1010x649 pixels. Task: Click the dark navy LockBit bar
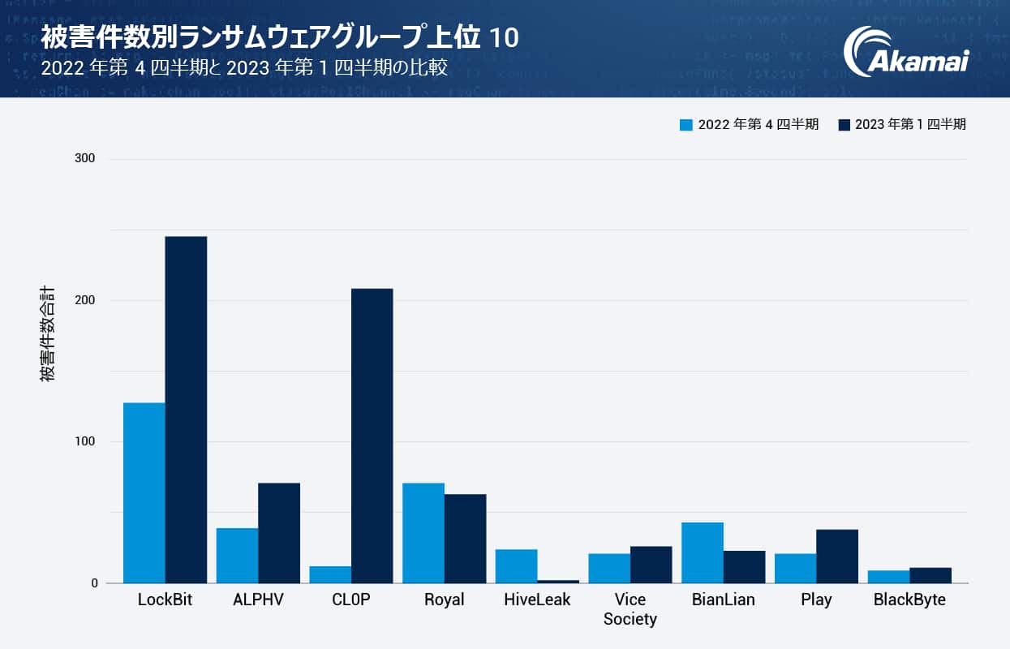pos(186,410)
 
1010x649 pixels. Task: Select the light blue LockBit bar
pos(144,492)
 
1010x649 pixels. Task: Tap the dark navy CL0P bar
pos(372,436)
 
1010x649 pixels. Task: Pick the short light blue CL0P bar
pos(330,574)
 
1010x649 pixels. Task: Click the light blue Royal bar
pos(423,533)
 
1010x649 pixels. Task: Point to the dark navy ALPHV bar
pos(279,533)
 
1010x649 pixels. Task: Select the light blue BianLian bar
pos(703,552)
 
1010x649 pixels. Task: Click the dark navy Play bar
pos(837,556)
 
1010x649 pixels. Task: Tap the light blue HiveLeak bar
pos(517,566)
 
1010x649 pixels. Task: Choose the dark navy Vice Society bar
pos(651,565)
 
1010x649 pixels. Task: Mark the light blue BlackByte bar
pos(888,577)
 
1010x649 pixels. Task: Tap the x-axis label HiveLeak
pos(537,600)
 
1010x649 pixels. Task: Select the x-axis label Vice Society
pos(630,609)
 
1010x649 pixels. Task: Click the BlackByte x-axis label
pos(909,600)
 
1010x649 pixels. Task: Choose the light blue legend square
pos(686,125)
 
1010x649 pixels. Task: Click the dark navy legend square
pos(844,125)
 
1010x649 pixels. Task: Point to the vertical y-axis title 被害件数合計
pos(48,333)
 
